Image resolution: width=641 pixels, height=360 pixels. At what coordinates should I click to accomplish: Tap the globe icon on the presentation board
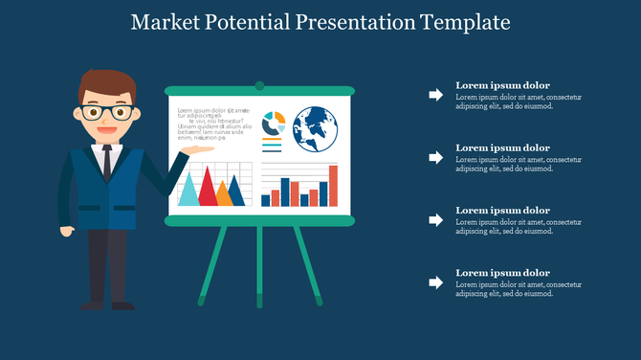point(316,129)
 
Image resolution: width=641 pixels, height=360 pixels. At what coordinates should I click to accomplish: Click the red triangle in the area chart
point(206,187)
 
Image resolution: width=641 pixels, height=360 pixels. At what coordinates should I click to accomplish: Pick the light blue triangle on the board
point(188,190)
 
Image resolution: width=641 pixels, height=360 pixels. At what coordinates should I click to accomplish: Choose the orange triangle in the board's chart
point(224,194)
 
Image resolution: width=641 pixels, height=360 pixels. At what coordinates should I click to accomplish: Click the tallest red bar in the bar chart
point(333,186)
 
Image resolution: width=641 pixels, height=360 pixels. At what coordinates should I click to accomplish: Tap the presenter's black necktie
point(106,159)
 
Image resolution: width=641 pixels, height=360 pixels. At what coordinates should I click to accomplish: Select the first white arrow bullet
point(435,95)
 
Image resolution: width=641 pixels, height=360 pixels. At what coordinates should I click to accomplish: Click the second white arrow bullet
point(435,157)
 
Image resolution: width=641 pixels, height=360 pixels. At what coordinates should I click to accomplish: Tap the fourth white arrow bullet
point(435,282)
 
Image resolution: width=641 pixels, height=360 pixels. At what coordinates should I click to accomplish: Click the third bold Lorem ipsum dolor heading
point(502,211)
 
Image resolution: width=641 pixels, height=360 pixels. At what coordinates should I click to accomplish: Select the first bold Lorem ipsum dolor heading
point(502,85)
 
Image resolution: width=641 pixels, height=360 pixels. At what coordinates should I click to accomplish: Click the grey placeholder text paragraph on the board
point(214,124)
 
